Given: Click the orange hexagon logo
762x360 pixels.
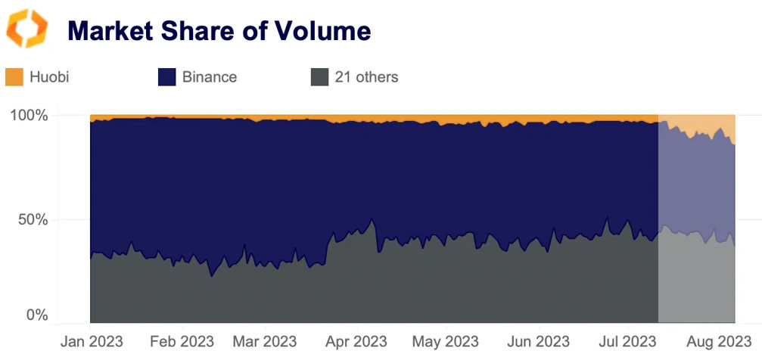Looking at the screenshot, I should [x=26, y=29].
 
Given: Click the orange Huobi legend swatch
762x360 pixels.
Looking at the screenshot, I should [x=14, y=76].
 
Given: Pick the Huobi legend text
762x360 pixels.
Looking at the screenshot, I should [x=49, y=76].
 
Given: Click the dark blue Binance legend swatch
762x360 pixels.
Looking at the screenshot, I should [x=166, y=76].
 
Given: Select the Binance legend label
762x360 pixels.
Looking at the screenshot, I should [x=210, y=76].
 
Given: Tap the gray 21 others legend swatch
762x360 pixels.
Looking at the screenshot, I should [x=319, y=76].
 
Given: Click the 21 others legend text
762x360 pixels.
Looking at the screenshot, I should [x=366, y=76].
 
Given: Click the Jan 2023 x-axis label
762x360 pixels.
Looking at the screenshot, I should [x=91, y=341].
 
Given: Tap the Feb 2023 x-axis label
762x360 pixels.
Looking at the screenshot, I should [x=182, y=341].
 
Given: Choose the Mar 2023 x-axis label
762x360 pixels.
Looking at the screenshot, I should [x=264, y=341].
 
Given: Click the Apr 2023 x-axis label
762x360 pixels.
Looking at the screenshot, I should [x=356, y=341].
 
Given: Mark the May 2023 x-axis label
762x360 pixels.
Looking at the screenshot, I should [x=445, y=341].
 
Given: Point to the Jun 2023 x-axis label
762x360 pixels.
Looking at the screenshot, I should [x=537, y=341].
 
